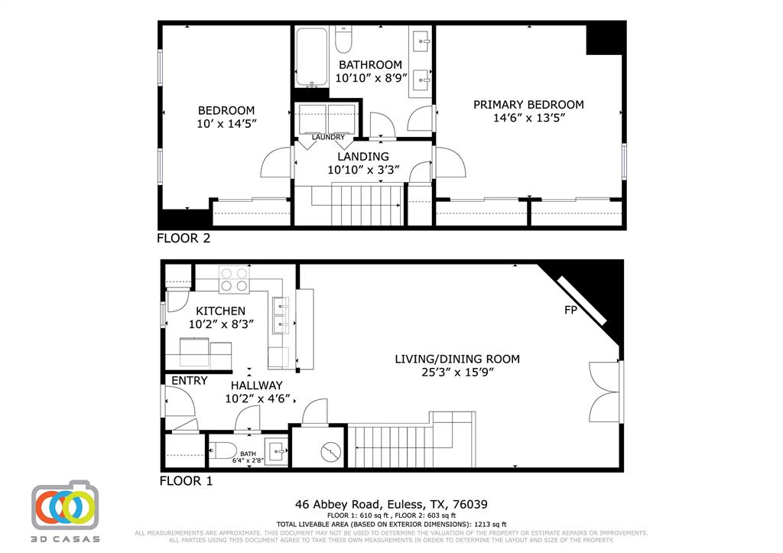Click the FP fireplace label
pos(570,311)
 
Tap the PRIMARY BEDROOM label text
pos(528,105)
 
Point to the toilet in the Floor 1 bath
pos(224,450)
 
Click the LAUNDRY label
pos(328,138)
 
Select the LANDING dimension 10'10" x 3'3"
pos(358,170)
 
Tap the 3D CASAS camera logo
pos(66,506)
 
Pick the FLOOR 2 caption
pos(184,238)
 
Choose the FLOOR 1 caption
pos(185,481)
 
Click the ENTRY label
pos(189,380)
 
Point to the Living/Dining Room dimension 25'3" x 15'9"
pos(457,372)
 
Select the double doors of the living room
pos(603,392)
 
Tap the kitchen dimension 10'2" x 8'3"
pos(221,324)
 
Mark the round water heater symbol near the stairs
pos(332,452)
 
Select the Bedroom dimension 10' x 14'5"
pos(226,123)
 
